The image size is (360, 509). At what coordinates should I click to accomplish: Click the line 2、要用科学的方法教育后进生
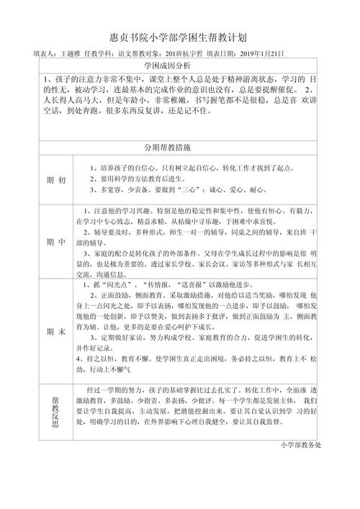click(x=144, y=179)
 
